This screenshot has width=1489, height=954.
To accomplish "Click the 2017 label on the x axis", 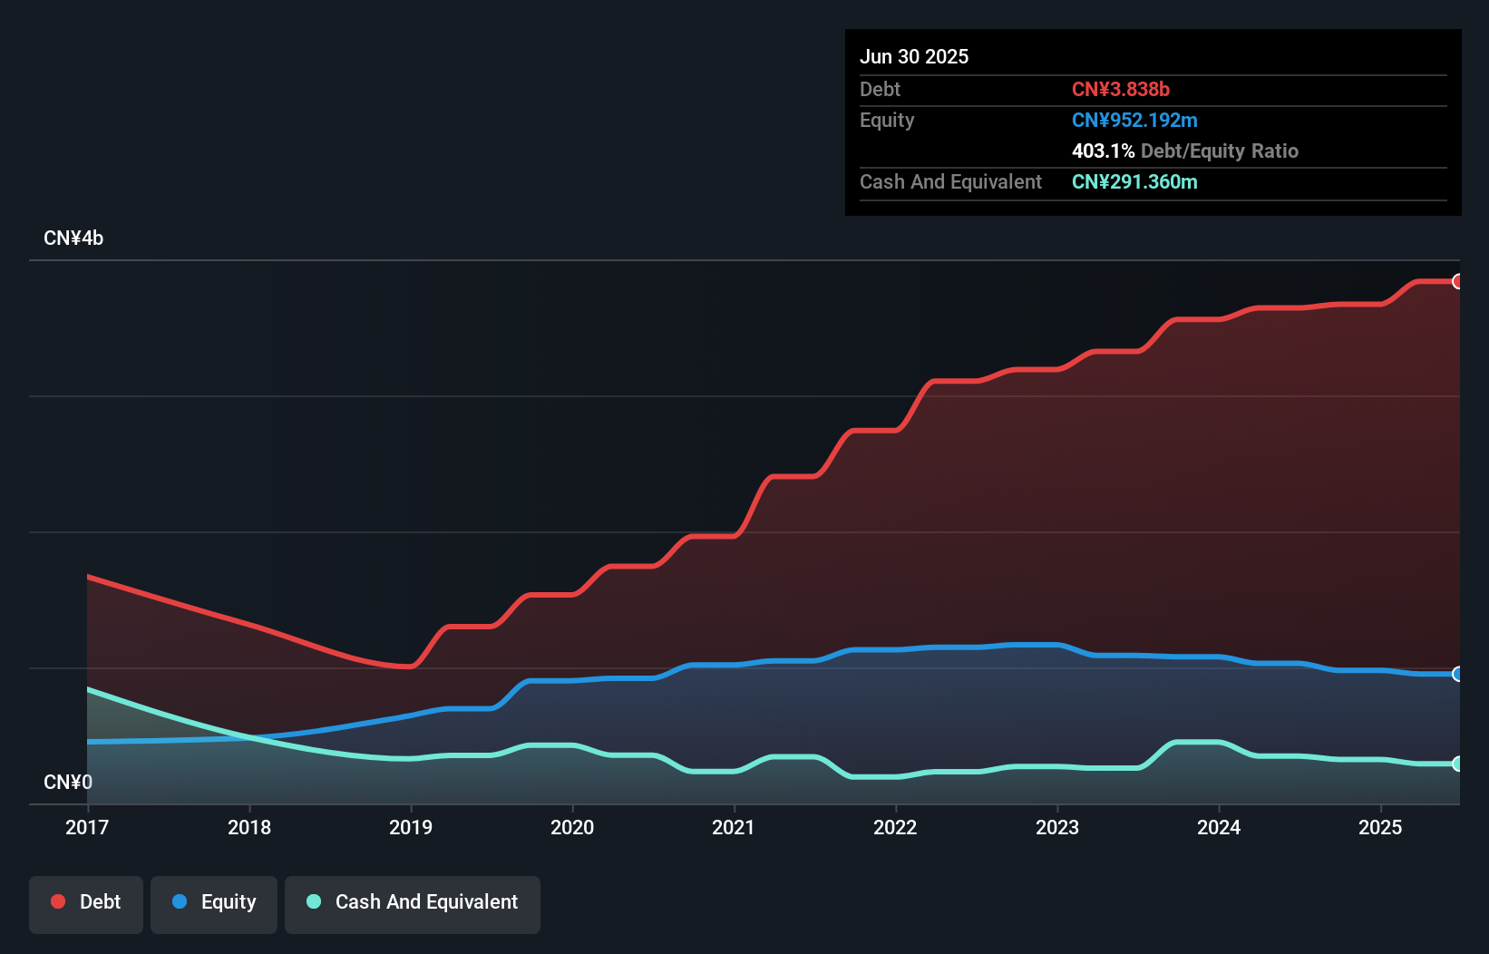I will tap(87, 827).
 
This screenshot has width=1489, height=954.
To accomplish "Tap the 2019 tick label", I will tap(411, 827).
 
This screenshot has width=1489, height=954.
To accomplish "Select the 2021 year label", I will tap(734, 827).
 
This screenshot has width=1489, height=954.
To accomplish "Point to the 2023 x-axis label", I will tap(1057, 827).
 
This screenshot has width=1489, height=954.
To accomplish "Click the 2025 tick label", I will tap(1380, 827).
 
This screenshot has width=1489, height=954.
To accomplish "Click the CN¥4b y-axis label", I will tap(73, 238).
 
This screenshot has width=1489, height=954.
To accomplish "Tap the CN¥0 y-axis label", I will tap(68, 782).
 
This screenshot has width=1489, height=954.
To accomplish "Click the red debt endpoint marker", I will tap(1457, 281).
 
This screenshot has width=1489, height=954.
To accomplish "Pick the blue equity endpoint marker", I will tap(1457, 674).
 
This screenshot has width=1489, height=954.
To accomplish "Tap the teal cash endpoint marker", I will tap(1457, 764).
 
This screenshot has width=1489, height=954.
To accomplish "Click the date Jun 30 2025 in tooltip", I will tap(914, 56).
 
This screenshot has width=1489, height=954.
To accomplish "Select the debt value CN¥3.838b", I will tap(1121, 89).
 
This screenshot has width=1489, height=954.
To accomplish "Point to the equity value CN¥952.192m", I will tap(1134, 120).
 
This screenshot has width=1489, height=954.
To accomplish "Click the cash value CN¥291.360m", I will tap(1134, 181).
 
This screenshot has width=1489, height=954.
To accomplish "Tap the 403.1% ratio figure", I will tap(1103, 151).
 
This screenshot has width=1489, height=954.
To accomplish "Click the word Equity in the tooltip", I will tap(887, 120).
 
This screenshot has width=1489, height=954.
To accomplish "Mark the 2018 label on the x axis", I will tap(249, 827).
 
